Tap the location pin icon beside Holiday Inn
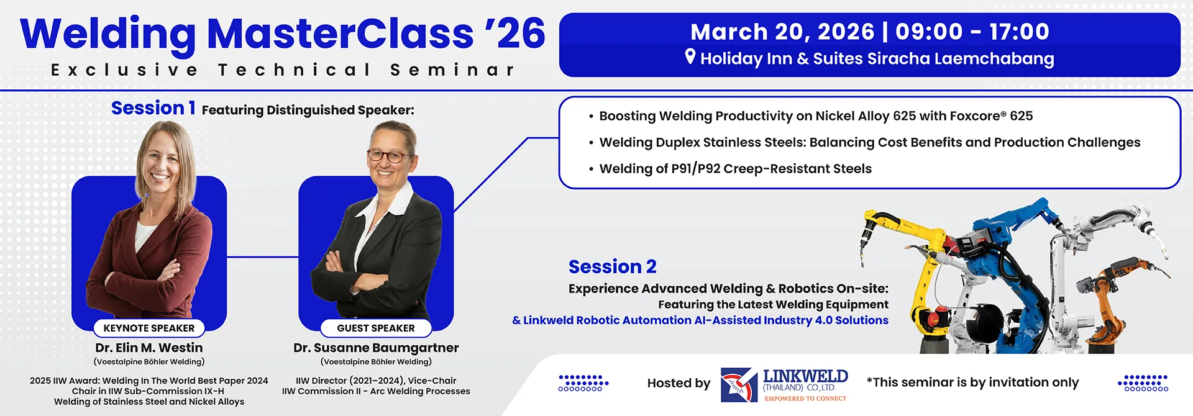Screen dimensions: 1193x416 (x=690, y=57)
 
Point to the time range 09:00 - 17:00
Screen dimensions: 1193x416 (x=972, y=32)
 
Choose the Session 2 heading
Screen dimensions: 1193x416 (x=613, y=267)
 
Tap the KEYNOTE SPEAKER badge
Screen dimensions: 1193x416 (x=149, y=328)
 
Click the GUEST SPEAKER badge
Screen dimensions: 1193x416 (x=376, y=328)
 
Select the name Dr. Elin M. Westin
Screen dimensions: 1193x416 (x=149, y=348)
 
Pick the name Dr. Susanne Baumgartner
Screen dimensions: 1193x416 (x=376, y=348)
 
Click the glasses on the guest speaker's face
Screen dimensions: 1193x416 (x=388, y=155)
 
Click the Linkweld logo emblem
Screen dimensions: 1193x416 (x=739, y=385)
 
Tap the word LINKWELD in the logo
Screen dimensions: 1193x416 (x=805, y=376)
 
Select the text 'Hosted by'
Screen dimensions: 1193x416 (x=679, y=383)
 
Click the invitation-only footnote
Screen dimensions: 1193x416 (x=972, y=382)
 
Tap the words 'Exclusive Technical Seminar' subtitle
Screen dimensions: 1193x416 (x=283, y=70)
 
